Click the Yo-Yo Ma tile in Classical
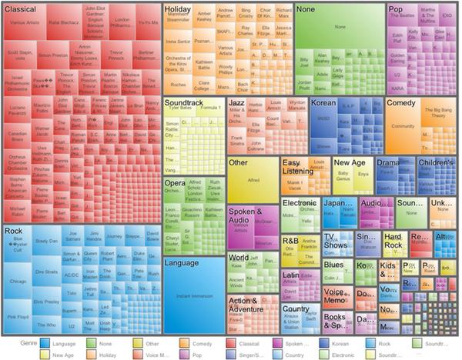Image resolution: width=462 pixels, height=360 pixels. (x=148, y=22)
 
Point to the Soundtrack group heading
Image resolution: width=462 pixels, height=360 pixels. (x=183, y=102)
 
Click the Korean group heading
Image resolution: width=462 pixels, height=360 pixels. (x=324, y=102)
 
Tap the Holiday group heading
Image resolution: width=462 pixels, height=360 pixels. (x=178, y=8)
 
